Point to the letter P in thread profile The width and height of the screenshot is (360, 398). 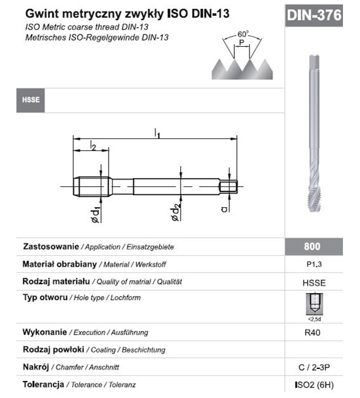pos(243,43)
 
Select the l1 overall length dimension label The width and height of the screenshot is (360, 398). pos(157,133)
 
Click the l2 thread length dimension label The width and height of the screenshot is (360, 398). pos(92,147)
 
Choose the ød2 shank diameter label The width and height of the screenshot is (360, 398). pos(176,212)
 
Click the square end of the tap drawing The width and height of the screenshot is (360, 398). pos(229,186)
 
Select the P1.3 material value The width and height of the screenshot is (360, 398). pos(314,265)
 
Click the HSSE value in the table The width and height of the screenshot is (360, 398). pos(314,282)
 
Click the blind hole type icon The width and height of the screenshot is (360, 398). pos(314,305)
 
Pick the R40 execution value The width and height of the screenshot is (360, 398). pos(314,332)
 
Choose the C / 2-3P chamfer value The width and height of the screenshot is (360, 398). pos(314,366)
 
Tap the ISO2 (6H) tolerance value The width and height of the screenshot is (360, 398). pos(314,384)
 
